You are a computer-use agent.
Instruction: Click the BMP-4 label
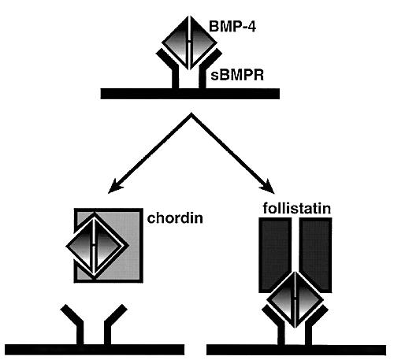(x=232, y=27)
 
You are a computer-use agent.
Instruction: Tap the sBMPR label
(x=237, y=76)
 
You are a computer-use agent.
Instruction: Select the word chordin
(x=175, y=218)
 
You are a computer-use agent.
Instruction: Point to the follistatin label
(x=297, y=208)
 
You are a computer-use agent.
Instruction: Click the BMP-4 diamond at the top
(x=189, y=43)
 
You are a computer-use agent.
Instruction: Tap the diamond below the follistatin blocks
(x=295, y=299)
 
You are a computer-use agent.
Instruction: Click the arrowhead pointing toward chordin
(x=114, y=187)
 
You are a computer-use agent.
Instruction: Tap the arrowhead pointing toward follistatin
(x=268, y=187)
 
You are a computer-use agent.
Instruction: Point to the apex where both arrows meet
(x=191, y=113)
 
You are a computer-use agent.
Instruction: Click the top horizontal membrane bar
(x=190, y=94)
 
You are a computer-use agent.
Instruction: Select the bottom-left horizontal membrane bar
(x=95, y=350)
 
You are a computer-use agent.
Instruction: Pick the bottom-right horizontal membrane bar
(x=296, y=351)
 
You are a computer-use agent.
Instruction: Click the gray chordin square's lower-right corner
(x=143, y=283)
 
